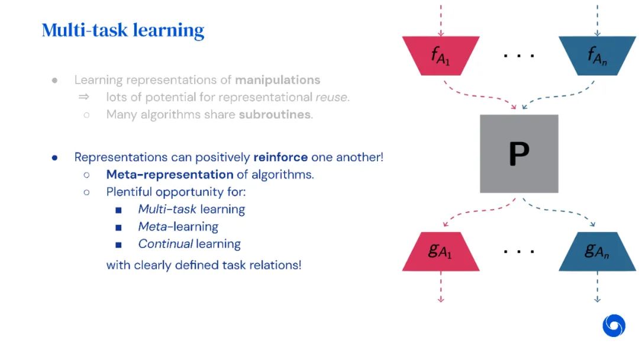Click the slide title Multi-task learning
click(x=123, y=30)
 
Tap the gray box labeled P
click(x=519, y=153)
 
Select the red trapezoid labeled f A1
click(x=441, y=56)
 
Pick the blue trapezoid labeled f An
click(x=597, y=56)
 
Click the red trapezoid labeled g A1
click(x=441, y=251)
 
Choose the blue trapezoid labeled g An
click(x=597, y=251)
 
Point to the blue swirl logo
click(x=614, y=326)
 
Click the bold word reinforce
click(x=280, y=157)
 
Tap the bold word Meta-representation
click(x=170, y=175)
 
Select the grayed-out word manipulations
click(x=277, y=80)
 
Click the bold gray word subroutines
click(x=275, y=115)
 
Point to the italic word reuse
click(x=331, y=97)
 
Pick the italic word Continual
click(x=166, y=244)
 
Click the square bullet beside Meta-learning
click(x=119, y=227)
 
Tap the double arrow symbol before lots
click(x=85, y=97)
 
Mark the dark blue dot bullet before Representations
click(x=54, y=157)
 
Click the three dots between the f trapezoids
click(x=519, y=56)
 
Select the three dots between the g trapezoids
click(x=519, y=251)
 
